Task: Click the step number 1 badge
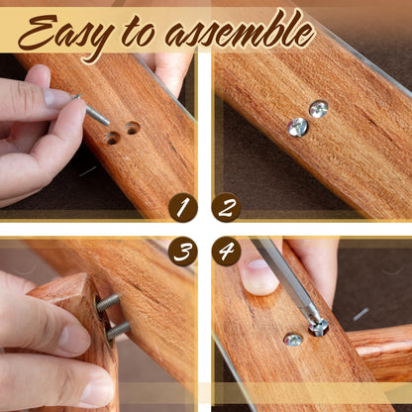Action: click(183, 207)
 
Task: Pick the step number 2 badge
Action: click(226, 207)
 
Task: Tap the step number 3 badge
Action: click(183, 252)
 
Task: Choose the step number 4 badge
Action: click(226, 252)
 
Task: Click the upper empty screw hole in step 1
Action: click(132, 128)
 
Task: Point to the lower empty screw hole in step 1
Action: click(112, 139)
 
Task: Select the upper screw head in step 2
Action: click(319, 109)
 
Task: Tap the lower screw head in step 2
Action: click(297, 127)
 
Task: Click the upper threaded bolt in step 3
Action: click(108, 302)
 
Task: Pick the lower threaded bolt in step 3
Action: click(118, 331)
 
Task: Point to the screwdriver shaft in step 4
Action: click(284, 276)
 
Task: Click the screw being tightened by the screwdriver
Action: click(318, 328)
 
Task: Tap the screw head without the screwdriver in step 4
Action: click(293, 340)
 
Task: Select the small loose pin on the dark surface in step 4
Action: click(360, 314)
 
